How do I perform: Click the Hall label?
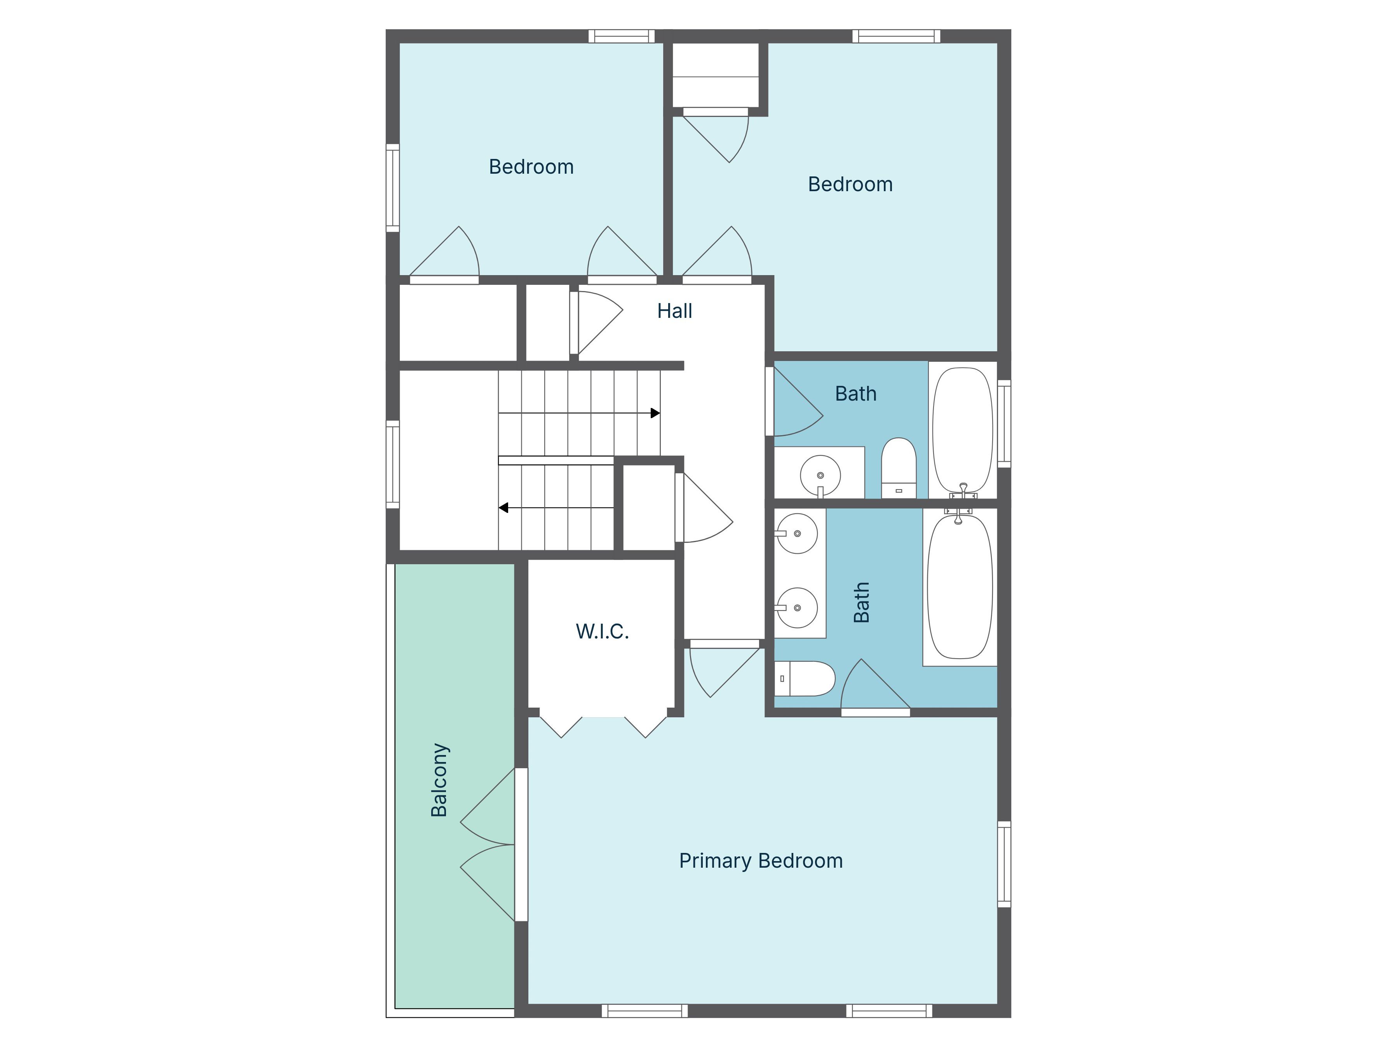pos(674,311)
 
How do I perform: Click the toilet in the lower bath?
pos(805,678)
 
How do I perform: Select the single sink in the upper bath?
pos(820,475)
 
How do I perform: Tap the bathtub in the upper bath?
pos(962,429)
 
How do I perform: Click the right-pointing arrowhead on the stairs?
pos(655,413)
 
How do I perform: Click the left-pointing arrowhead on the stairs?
pos(503,508)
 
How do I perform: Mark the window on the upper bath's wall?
pos(1003,423)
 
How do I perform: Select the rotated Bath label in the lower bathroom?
pos(861,602)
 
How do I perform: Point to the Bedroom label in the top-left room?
pos(531,167)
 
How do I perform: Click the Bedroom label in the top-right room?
pos(850,185)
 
